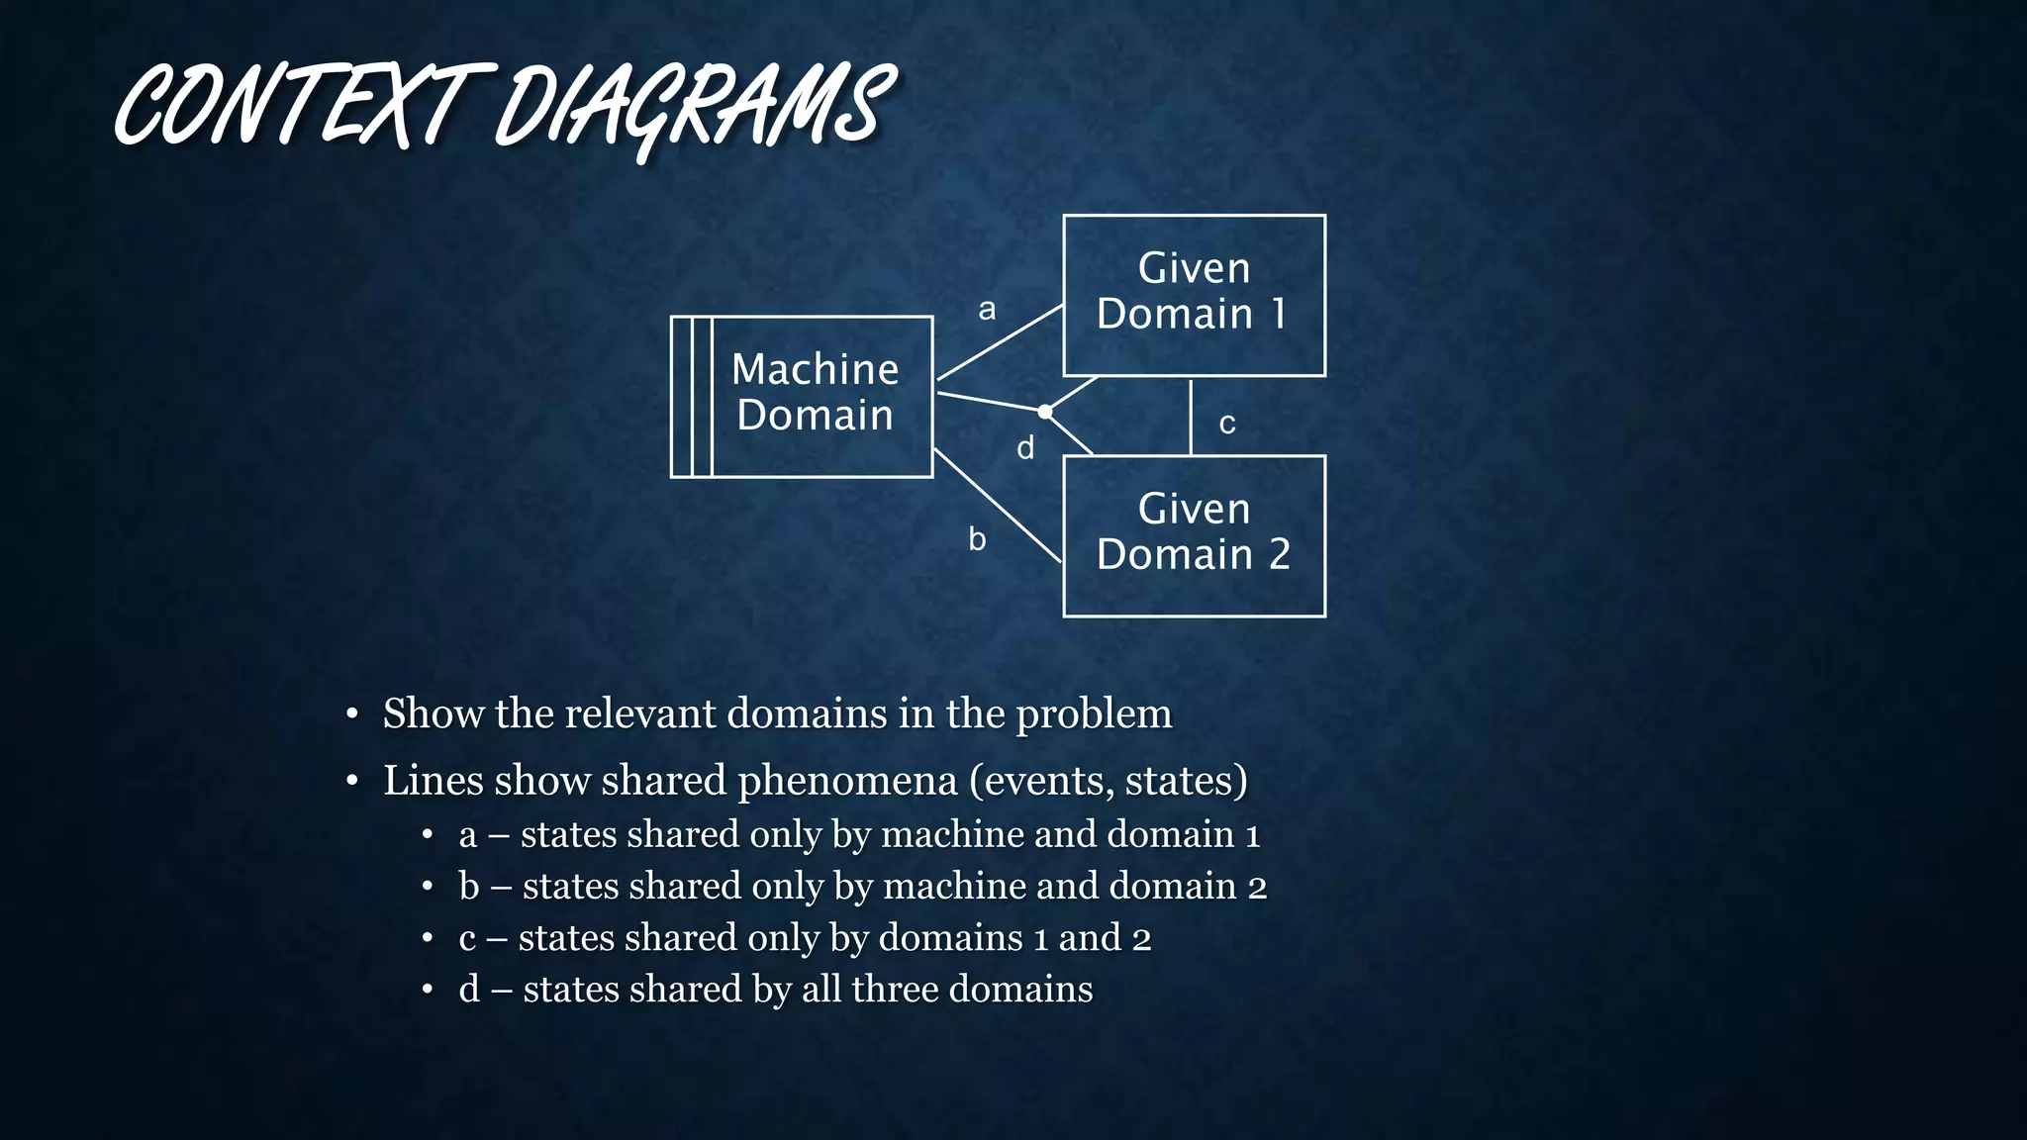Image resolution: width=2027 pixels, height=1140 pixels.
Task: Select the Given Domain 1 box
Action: click(x=1194, y=295)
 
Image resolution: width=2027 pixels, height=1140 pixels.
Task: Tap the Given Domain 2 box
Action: click(x=1194, y=535)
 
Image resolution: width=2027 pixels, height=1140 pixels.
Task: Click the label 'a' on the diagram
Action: click(x=987, y=310)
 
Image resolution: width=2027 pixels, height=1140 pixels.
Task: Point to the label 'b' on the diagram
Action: click(x=977, y=539)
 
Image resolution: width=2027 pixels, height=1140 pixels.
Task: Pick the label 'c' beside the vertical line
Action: click(x=1227, y=424)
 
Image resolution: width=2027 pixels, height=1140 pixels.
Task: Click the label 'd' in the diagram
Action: click(x=1025, y=448)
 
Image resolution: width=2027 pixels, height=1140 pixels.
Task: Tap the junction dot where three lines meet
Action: click(x=1045, y=412)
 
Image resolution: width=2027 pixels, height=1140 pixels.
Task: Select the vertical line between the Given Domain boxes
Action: click(x=1191, y=416)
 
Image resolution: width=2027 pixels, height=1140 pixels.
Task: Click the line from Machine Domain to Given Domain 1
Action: click(x=1000, y=342)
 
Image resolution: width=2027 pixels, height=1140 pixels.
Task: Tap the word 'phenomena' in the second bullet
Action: click(x=847, y=781)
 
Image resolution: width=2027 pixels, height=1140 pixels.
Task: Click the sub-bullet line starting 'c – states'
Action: click(x=804, y=937)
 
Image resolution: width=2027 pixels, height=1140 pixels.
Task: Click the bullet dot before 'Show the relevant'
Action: click(x=351, y=714)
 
